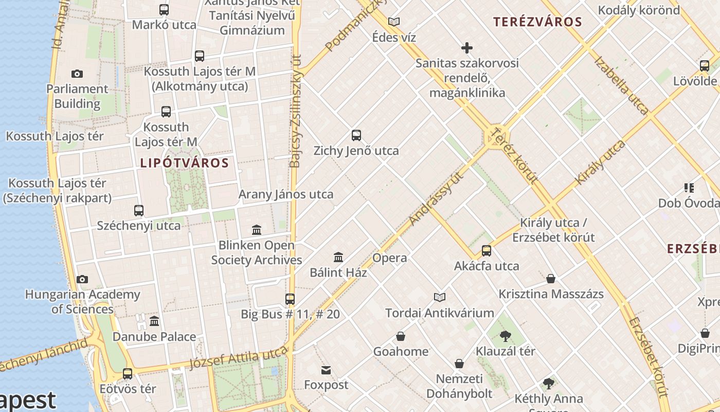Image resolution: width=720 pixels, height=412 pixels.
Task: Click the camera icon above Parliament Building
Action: tap(77, 74)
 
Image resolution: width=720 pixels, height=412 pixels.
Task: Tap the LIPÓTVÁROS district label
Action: tap(184, 163)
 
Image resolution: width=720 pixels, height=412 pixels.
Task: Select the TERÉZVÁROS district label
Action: tap(537, 22)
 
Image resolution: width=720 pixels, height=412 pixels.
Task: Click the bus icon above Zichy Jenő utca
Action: tap(356, 135)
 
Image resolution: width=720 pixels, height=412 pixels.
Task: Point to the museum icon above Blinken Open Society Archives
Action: tap(257, 230)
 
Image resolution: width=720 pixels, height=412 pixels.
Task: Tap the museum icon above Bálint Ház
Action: tap(338, 257)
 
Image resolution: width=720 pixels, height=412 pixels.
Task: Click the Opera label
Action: tap(389, 258)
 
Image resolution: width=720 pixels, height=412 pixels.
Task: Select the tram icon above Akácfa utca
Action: tap(486, 251)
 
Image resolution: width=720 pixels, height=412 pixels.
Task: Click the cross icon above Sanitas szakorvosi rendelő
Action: tap(466, 48)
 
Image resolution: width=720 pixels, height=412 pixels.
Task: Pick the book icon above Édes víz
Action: tap(394, 22)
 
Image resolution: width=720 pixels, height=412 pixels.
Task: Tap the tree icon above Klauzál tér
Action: tap(505, 336)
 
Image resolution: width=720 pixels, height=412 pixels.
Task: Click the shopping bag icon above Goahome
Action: tap(401, 336)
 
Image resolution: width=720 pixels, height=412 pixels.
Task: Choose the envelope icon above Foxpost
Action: tap(326, 370)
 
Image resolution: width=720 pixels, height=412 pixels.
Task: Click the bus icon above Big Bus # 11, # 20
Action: tap(290, 299)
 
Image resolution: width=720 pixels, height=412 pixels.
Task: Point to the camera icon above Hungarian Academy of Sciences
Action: tap(82, 279)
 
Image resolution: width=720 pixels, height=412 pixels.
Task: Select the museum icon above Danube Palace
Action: tap(154, 321)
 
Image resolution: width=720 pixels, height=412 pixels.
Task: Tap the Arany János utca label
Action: tap(285, 195)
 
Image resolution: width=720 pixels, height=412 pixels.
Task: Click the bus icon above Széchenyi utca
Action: tap(139, 210)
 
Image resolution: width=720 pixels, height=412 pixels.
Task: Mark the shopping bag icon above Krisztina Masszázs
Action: tap(551, 279)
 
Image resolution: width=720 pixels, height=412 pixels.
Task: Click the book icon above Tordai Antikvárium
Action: tap(439, 297)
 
